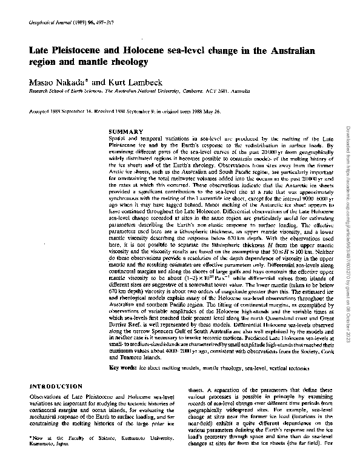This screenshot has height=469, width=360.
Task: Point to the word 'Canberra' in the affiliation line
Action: pyautogui.click(x=195, y=90)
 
